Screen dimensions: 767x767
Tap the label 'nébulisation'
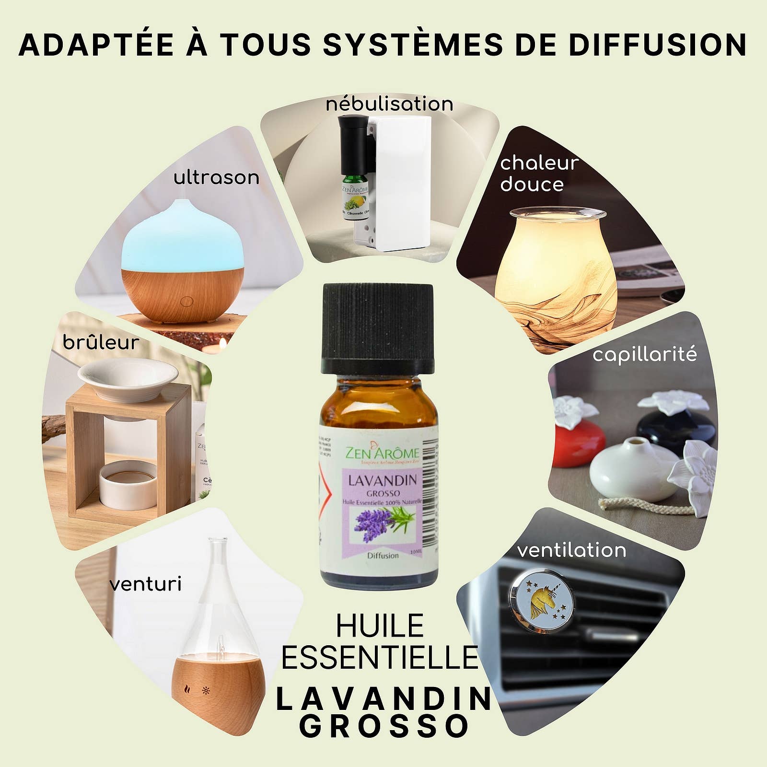(x=389, y=104)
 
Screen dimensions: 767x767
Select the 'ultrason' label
(x=216, y=178)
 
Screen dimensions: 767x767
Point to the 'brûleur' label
(x=101, y=343)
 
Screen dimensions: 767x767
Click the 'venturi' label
(x=145, y=584)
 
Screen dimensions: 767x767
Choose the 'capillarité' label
(x=644, y=355)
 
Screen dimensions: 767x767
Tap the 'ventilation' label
(x=571, y=550)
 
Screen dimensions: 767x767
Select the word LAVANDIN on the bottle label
(x=382, y=481)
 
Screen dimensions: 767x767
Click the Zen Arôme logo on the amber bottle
(x=382, y=453)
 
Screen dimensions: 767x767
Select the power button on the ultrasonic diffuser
(x=186, y=302)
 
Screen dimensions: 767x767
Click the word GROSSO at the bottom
(x=384, y=727)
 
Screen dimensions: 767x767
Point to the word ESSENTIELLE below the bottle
(x=380, y=658)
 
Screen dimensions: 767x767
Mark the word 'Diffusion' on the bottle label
(x=383, y=556)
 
